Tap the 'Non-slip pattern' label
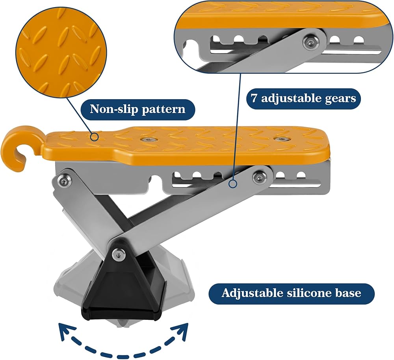[138, 109]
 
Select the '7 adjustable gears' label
[303, 98]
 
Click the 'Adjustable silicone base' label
[292, 293]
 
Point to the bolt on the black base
[118, 254]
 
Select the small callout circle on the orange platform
[95, 137]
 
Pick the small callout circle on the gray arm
[233, 184]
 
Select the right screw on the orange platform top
[282, 139]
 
